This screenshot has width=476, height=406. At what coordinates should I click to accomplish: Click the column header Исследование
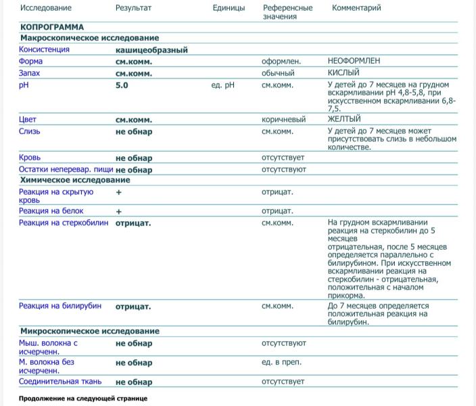[45, 8]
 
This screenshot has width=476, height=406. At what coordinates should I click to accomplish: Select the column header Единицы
[229, 8]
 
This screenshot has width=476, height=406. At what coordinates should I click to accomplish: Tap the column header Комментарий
[356, 8]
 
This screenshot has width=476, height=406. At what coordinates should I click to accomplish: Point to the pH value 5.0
[122, 86]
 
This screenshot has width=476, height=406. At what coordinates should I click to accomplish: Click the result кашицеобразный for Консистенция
[151, 50]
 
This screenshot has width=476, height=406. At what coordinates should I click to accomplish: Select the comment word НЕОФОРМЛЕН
[354, 61]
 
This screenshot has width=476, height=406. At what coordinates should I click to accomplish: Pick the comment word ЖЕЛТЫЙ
[344, 120]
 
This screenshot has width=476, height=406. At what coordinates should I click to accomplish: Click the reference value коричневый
[283, 120]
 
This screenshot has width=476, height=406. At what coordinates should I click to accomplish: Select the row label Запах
[30, 73]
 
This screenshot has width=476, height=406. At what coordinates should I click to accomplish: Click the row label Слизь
[30, 131]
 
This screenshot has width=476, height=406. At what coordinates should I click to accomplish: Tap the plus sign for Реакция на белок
[119, 211]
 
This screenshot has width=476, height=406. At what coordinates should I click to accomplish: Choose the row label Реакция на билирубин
[60, 306]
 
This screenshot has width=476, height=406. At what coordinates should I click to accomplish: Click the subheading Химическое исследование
[75, 181]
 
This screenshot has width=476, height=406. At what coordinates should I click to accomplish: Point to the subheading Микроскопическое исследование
[90, 332]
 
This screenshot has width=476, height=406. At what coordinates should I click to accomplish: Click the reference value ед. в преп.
[281, 363]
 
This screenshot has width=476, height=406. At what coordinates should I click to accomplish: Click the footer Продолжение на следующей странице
[82, 399]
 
